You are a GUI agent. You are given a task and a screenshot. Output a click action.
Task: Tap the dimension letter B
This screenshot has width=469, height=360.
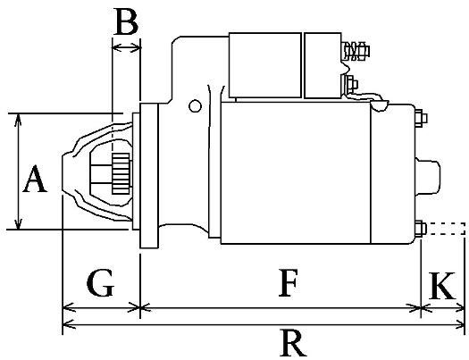(x=126, y=22)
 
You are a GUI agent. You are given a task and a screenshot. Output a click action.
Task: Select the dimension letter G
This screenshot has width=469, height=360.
(x=100, y=284)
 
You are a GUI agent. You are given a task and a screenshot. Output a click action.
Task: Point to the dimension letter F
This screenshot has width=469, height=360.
(x=286, y=284)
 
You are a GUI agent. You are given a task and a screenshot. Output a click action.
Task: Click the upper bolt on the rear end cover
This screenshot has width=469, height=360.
(x=419, y=116)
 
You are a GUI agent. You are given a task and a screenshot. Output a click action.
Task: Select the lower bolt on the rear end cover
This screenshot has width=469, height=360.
(x=419, y=228)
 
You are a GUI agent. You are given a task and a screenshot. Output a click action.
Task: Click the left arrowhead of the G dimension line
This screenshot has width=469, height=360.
(x=67, y=309)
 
